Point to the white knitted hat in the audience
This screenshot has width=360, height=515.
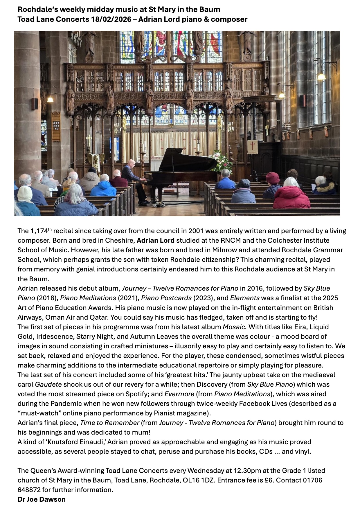coord(25,193)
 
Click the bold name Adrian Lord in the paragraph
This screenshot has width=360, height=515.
coord(156,240)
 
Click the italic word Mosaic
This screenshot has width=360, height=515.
coord(234,327)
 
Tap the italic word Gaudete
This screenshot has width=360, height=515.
coord(48,384)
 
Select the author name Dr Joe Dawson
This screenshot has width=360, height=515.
coord(42,499)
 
